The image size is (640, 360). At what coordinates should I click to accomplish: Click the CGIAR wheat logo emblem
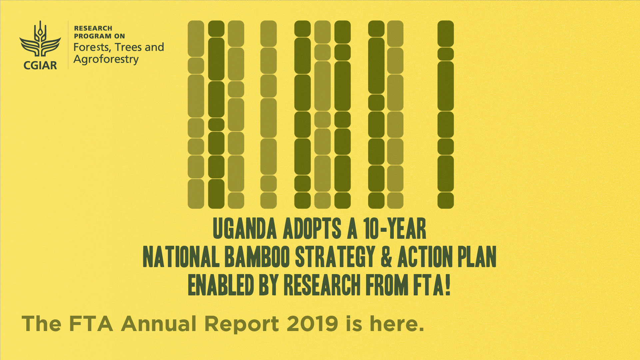pyautogui.click(x=40, y=39)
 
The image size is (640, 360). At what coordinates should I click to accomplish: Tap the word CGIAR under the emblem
pyautogui.click(x=40, y=65)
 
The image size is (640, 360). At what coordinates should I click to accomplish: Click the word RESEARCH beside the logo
pyautogui.click(x=93, y=28)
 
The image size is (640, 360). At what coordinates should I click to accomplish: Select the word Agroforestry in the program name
pyautogui.click(x=106, y=60)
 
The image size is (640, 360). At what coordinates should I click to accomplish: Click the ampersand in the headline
pyautogui.click(x=386, y=257)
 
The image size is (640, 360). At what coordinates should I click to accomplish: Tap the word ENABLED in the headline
pyautogui.click(x=221, y=285)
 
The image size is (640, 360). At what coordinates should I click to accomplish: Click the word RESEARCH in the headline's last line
pyautogui.click(x=322, y=285)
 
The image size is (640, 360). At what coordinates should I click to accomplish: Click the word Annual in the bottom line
pyautogui.click(x=159, y=324)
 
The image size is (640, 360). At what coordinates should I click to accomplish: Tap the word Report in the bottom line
pyautogui.click(x=242, y=324)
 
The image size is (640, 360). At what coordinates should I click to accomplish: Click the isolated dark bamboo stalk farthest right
pyautogui.click(x=446, y=115)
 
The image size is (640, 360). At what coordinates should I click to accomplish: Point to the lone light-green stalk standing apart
pyautogui.click(x=269, y=115)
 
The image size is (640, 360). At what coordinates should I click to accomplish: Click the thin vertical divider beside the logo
pyautogui.click(x=68, y=45)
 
